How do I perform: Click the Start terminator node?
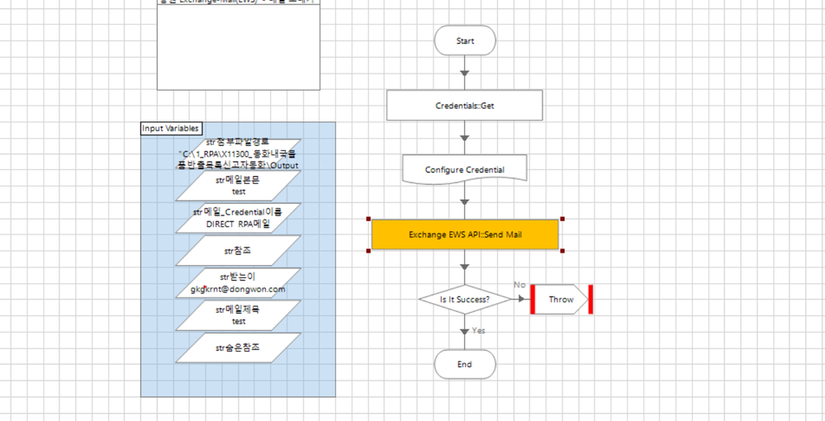[x=465, y=40]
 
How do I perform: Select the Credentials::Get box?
[x=465, y=106]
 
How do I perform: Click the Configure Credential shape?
[x=465, y=169]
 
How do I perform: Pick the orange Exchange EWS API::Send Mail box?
[x=465, y=234]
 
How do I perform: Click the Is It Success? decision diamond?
[x=465, y=300]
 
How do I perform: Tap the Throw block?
[x=562, y=300]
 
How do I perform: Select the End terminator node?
[x=465, y=364]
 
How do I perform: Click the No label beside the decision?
[x=519, y=285]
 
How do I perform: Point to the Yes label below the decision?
[x=479, y=330]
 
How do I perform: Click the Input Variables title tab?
[x=171, y=128]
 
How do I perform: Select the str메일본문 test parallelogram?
[x=239, y=186]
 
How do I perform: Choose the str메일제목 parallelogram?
[x=239, y=315]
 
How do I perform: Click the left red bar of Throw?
[x=534, y=300]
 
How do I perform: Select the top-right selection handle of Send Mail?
[x=562, y=219]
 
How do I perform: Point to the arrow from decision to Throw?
[x=520, y=300]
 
